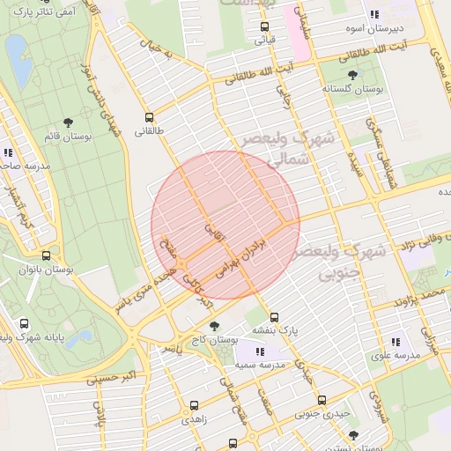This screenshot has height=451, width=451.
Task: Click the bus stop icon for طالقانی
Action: (x=148, y=116)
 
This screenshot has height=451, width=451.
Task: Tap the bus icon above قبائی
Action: (x=264, y=26)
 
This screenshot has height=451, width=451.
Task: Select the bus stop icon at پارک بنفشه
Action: (x=274, y=317)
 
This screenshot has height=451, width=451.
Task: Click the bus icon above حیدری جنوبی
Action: (x=321, y=399)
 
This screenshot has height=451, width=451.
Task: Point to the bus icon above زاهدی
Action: (x=195, y=406)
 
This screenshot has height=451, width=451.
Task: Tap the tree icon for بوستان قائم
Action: (x=68, y=122)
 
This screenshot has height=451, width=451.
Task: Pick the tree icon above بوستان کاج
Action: (x=214, y=326)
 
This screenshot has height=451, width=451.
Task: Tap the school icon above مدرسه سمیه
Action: (x=258, y=351)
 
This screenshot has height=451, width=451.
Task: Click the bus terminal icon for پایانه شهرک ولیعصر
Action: (x=23, y=323)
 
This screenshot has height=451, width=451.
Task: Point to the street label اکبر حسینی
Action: (x=111, y=377)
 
